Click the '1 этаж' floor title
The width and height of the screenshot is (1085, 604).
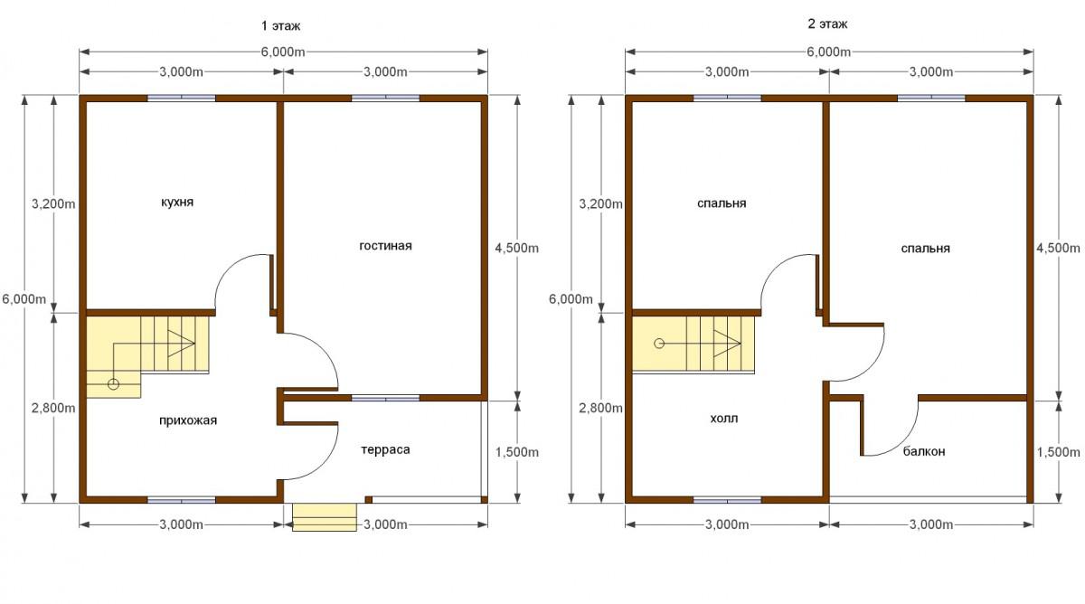point(280,25)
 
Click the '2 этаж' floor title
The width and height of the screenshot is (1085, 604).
point(827,24)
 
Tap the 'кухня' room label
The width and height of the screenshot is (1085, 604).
point(177,202)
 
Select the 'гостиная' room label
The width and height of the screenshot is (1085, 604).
point(385,246)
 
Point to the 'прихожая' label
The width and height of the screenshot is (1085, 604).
point(188,420)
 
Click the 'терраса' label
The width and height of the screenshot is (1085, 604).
point(385,450)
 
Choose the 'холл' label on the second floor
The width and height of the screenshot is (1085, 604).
point(724,419)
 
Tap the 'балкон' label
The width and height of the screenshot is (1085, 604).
point(924,451)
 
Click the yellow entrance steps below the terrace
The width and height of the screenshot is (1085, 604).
point(325,517)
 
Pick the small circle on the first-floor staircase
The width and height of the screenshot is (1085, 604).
point(113,384)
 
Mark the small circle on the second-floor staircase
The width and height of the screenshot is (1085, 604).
point(659,344)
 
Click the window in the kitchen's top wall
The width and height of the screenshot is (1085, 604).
point(181,99)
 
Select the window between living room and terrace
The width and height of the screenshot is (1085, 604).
point(385,398)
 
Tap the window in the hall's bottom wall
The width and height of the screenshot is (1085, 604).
point(727,500)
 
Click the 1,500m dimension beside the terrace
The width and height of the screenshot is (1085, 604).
point(517,452)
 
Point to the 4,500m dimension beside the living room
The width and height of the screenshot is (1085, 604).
point(517,248)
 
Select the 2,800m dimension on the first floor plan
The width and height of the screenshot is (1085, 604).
point(53,409)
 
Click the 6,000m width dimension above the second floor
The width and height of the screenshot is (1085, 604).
point(829,52)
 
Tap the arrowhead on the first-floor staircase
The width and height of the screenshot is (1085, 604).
point(181,344)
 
